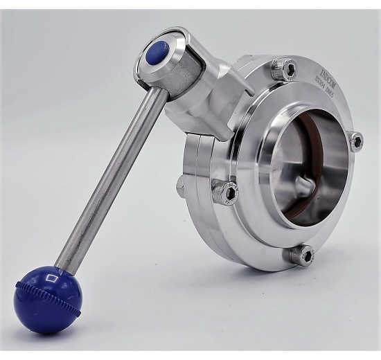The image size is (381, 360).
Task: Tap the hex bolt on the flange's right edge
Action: (356, 141)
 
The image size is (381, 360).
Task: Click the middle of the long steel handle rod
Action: (111, 180)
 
